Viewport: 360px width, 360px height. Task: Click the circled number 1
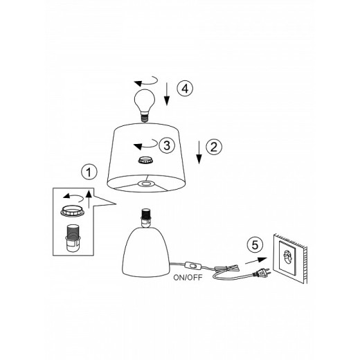point(89,172)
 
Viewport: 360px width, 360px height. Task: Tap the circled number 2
point(214,147)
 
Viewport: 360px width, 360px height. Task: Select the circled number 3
point(167,145)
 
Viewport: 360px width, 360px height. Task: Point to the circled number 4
point(185,89)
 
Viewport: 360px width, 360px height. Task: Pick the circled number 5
point(255,245)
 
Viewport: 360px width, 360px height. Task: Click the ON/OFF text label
point(188,278)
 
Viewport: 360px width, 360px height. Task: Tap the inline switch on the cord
point(193,266)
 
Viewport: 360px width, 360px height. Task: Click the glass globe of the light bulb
point(145,100)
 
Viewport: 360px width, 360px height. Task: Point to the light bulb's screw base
point(145,117)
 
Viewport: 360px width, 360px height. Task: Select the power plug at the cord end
point(262,273)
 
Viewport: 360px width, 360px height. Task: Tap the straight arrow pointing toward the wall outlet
point(255,261)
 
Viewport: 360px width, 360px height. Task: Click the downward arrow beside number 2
point(199,152)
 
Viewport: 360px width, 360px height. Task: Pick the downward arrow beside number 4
point(167,94)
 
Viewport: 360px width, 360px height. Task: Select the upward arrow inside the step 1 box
point(89,199)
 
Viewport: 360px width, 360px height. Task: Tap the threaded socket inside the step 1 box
point(73,238)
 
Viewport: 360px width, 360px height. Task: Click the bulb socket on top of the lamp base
point(145,218)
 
